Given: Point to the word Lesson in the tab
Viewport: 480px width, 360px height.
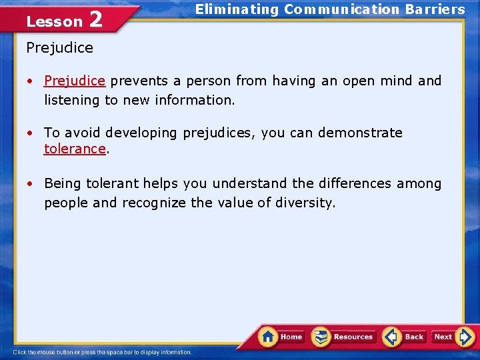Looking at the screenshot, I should pos(54,21).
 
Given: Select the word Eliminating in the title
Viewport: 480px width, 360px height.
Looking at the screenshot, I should pos(237,9).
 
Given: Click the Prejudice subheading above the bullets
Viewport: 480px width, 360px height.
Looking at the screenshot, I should pos(60,48).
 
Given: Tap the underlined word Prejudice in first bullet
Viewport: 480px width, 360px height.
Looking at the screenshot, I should pos(75,81).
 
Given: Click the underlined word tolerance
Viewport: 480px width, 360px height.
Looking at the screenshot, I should pos(75,149).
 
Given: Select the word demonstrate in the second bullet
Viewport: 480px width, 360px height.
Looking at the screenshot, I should pos(360,133).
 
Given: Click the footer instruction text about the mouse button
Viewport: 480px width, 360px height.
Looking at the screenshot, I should pos(103,352).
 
